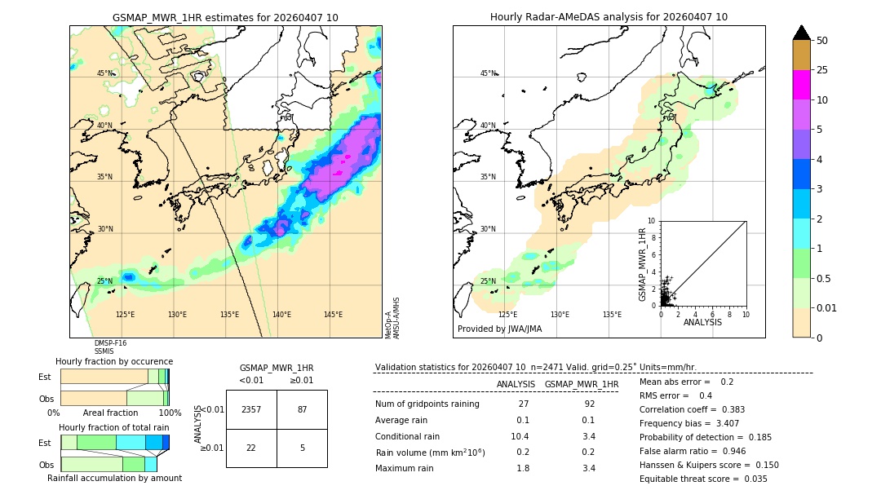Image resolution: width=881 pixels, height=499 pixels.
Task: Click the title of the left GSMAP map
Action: pos(225,17)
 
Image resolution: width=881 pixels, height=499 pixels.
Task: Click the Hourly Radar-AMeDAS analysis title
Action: pos(609,17)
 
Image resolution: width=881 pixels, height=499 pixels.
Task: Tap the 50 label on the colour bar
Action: pos(822,41)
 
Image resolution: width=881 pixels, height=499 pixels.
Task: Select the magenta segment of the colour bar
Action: pos(801,85)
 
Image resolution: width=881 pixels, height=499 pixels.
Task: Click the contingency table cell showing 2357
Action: pos(251,409)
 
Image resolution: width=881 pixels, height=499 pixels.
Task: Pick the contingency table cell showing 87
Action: pos(302,409)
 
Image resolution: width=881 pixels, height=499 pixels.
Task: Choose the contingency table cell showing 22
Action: pos(251,448)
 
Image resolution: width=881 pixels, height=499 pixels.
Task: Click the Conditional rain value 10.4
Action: pos(520,436)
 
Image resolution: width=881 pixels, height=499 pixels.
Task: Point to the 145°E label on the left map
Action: pos(333,315)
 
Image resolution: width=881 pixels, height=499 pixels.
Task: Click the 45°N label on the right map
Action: pos(488,73)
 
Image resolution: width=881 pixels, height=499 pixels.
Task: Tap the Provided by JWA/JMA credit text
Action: pos(499,329)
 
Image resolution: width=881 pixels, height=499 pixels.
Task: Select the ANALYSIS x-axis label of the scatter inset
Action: pos(702,322)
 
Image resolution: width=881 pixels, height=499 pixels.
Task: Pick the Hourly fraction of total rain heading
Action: pos(114,427)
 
